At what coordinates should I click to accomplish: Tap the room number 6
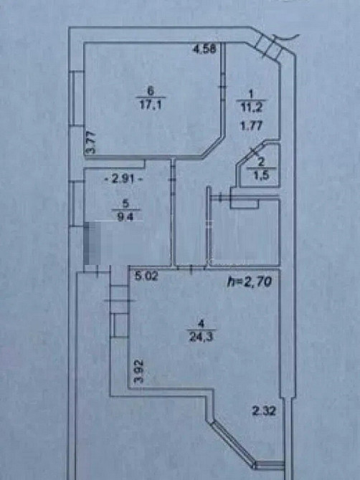pyautogui.click(x=149, y=91)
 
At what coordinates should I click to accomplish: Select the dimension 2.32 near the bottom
pyautogui.click(x=262, y=411)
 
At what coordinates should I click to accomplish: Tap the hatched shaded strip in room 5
pyautogui.click(x=90, y=243)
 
